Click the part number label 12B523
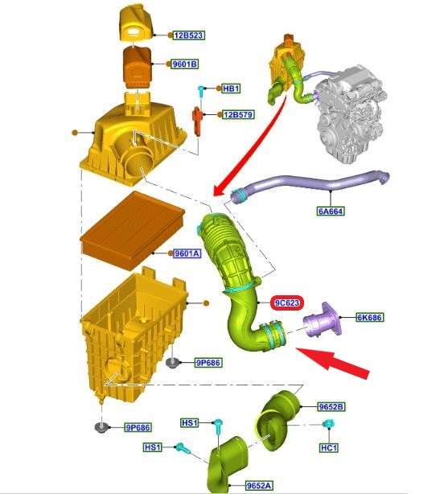click(189, 35)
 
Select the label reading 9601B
click(184, 64)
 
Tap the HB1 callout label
click(231, 88)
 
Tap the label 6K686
click(370, 318)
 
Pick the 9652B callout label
click(331, 407)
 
